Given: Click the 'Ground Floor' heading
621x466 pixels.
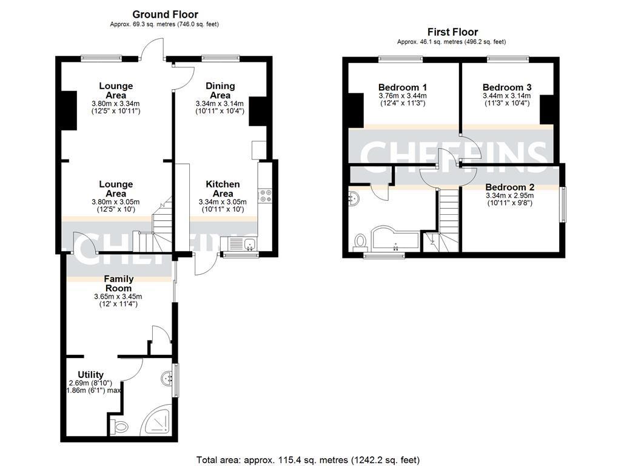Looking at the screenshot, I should click(x=165, y=15).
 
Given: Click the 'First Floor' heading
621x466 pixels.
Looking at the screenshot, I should click(x=452, y=32).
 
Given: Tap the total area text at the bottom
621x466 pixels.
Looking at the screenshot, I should click(x=308, y=460).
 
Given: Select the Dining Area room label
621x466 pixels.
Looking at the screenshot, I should click(x=220, y=90).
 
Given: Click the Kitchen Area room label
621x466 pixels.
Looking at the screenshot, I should click(x=223, y=189).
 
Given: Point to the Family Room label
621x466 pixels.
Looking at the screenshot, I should click(x=119, y=283).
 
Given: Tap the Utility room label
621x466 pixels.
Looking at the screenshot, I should click(x=90, y=374).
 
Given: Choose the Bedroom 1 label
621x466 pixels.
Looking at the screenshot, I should click(x=402, y=87).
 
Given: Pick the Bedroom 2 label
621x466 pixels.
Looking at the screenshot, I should click(x=509, y=187).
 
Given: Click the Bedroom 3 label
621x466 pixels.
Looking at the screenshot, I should click(x=506, y=87).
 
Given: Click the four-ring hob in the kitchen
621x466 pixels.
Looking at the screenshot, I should click(x=265, y=195).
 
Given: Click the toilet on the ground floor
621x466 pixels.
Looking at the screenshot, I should click(x=119, y=427).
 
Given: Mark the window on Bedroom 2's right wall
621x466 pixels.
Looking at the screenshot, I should click(x=562, y=205).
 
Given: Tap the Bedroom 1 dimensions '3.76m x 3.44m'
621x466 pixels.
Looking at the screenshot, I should click(x=402, y=95).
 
